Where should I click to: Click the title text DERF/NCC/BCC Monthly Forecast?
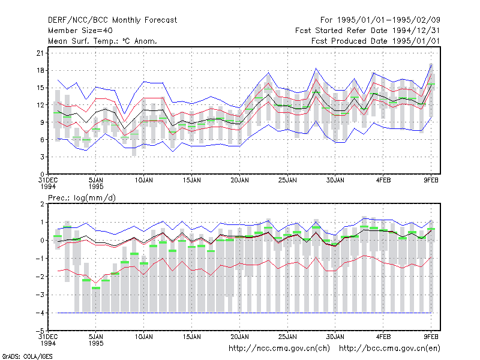click(x=112, y=20)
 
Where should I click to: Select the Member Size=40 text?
click(x=80, y=31)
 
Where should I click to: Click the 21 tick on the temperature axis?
click(x=40, y=53)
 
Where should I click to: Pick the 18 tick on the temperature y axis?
click(x=40, y=70)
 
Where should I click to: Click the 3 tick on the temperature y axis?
click(x=42, y=157)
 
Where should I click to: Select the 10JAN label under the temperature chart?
click(x=144, y=181)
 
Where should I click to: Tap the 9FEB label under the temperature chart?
click(x=431, y=181)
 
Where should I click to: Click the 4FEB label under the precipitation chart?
click(x=383, y=337)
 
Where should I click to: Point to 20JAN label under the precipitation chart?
click(x=239, y=337)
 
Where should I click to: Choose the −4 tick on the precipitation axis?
click(x=40, y=313)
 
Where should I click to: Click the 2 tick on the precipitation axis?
click(x=42, y=204)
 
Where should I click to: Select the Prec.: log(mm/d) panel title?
click(x=82, y=198)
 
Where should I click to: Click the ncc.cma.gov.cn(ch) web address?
click(x=279, y=349)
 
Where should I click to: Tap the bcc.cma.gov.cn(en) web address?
click(x=389, y=349)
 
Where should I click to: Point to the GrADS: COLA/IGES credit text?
click(x=27, y=356)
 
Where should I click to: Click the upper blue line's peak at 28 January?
click(x=316, y=68)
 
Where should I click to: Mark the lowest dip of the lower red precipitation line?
click(x=96, y=283)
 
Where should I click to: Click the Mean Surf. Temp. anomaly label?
click(x=103, y=41)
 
